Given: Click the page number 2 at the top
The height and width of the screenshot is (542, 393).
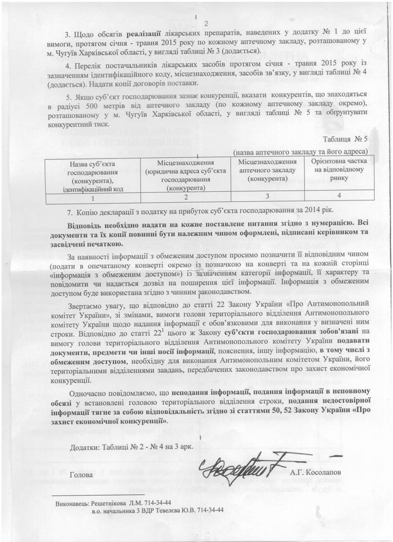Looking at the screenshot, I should (206, 23).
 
